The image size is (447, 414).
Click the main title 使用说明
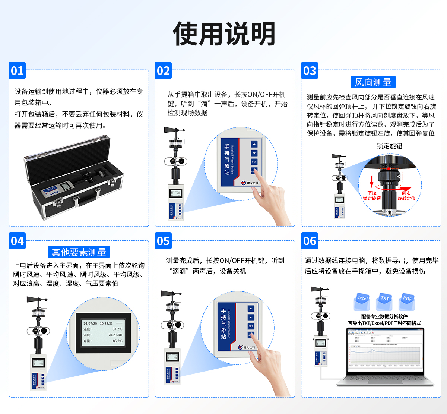(224, 34)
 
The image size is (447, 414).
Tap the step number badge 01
(17, 70)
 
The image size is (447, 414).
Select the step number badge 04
(17, 241)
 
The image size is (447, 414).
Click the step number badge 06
(310, 241)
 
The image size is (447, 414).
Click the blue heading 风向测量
(373, 82)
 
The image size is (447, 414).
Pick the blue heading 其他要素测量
(79, 252)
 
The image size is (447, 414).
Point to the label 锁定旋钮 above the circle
(389, 146)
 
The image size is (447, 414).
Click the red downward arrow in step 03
(371, 182)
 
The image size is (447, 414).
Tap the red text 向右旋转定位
(406, 196)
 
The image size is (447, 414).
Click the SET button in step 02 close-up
(254, 162)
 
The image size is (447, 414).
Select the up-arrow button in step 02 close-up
(254, 144)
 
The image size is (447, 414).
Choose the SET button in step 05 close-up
(251, 326)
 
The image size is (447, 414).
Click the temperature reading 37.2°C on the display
(117, 329)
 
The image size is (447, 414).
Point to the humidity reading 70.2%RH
(115, 335)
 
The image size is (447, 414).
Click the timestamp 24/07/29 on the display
(90, 323)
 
